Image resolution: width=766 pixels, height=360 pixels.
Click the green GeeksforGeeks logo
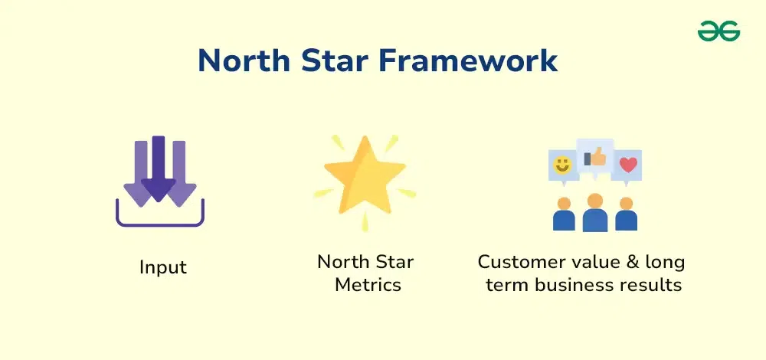pyautogui.click(x=719, y=31)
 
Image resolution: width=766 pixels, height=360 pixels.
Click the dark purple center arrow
pyautogui.click(x=159, y=169)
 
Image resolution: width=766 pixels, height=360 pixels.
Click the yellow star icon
pyautogui.click(x=365, y=175)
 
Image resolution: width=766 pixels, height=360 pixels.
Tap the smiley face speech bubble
pyautogui.click(x=563, y=166)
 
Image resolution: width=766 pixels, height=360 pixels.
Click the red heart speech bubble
pyautogui.click(x=628, y=166)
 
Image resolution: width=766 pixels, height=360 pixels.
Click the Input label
pyautogui.click(x=163, y=268)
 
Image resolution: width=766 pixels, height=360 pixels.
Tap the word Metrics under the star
pyautogui.click(x=368, y=284)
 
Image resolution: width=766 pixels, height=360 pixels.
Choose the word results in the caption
pyautogui.click(x=654, y=284)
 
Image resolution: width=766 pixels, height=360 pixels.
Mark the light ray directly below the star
pyautogui.click(x=365, y=222)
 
